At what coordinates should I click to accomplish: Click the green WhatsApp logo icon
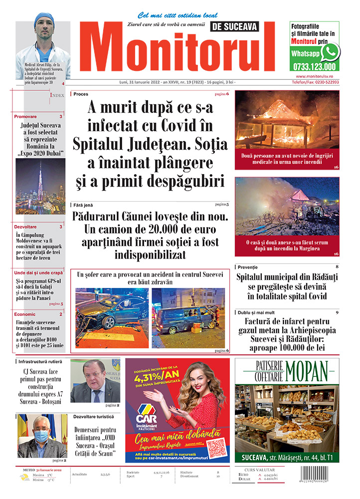tap(330, 52)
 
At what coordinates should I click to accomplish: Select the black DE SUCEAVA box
tap(242, 27)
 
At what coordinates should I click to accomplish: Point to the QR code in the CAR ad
tap(216, 447)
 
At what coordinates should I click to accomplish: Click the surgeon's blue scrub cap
tap(43, 18)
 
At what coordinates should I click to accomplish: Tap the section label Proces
tap(81, 94)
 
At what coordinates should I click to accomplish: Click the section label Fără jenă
tap(83, 205)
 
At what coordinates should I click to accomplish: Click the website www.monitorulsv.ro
tap(314, 76)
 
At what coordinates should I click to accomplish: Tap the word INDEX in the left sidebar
tap(57, 95)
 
